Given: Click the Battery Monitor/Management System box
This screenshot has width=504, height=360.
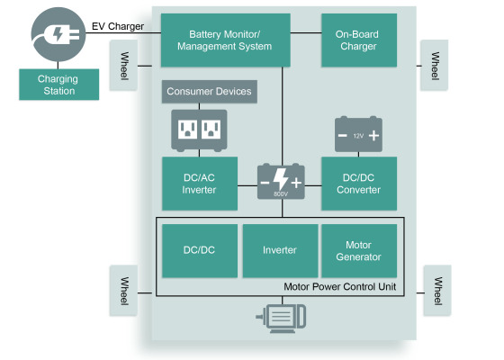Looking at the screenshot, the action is tap(225, 40).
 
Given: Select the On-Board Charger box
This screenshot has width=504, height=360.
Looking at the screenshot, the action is tap(359, 40).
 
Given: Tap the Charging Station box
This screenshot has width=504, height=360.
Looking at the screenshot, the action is tap(58, 85).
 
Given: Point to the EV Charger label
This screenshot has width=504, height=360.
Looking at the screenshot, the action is tap(118, 26).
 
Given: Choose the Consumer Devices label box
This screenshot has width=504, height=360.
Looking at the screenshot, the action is tap(209, 92).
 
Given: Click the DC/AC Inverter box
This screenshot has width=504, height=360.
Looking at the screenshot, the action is tap(200, 184).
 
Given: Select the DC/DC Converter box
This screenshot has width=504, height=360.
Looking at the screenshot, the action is tap(359, 184).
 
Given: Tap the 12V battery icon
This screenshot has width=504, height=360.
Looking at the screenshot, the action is tap(358, 134).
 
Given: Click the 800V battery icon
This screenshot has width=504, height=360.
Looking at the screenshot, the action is tap(281, 182).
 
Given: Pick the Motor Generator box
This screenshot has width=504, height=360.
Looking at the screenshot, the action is tap(359, 251).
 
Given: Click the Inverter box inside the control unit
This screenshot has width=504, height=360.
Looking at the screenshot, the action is tap(280, 251).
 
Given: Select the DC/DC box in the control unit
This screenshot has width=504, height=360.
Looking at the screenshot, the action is tap(200, 251).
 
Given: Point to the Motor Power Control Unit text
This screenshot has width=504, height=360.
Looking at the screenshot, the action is tap(340, 287).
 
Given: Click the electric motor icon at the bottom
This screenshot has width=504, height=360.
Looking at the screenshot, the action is tap(281, 319).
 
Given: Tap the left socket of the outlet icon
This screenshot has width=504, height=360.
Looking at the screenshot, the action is tap(187, 130).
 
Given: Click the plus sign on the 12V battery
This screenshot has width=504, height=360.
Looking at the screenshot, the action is tap(373, 136).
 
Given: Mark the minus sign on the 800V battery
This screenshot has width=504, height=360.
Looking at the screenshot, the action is tap(265, 183).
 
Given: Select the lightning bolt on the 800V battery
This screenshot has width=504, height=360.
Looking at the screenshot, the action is tap(281, 179).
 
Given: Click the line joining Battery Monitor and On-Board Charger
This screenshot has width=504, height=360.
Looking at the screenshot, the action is tap(306, 32).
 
